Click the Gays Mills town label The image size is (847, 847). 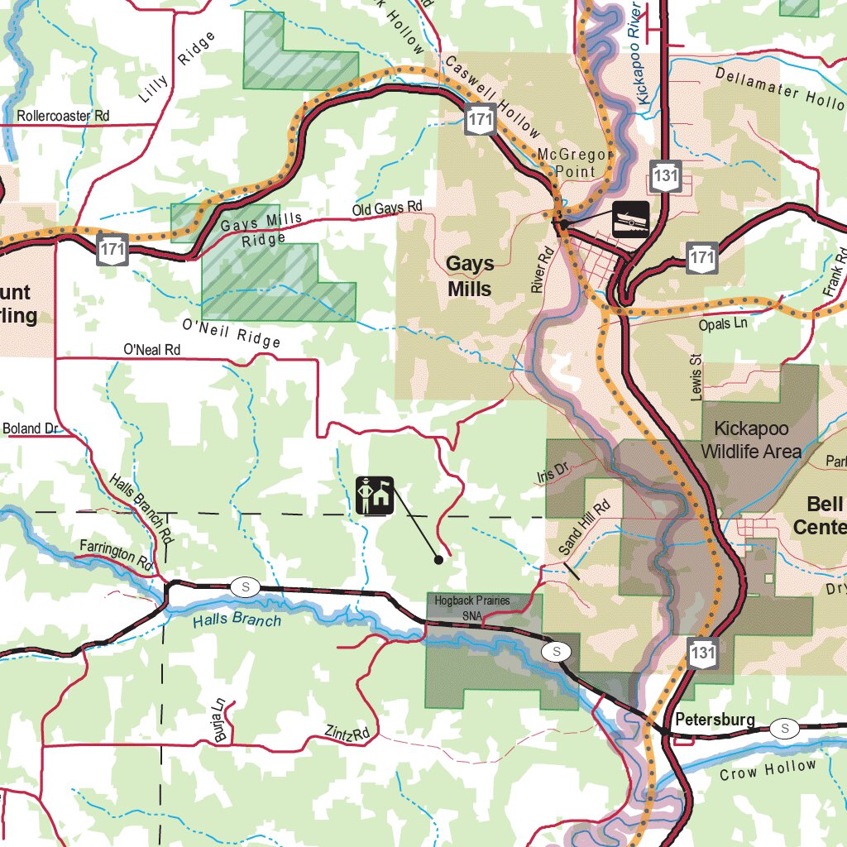[470, 276]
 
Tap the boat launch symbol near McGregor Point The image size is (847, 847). [630, 219]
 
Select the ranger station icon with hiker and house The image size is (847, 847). [375, 495]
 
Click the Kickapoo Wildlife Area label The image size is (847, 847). [751, 440]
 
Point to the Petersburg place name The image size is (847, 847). [715, 720]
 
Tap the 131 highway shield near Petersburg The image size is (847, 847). [701, 653]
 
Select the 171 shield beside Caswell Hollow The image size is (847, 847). [480, 121]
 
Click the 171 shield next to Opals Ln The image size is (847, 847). [701, 258]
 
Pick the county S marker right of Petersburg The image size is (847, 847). [784, 728]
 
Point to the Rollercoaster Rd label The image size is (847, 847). [63, 117]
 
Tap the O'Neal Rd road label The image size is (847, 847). [151, 350]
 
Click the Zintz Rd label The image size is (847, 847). [347, 733]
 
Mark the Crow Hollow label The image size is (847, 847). [767, 770]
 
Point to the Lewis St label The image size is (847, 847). [696, 376]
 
